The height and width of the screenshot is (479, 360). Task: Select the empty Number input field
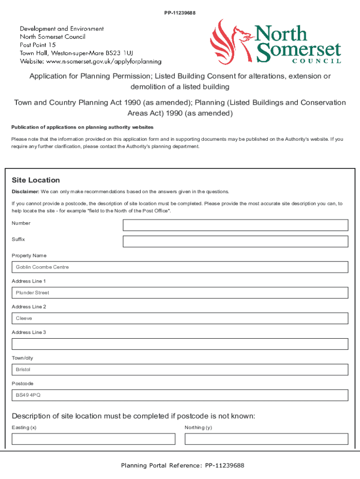tap(235, 225)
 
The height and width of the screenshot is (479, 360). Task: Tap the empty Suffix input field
tap(235, 241)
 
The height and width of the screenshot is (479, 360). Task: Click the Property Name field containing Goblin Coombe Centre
tap(180, 267)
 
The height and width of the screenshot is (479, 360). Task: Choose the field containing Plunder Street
tap(180, 293)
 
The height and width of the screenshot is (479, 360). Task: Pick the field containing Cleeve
tap(180, 318)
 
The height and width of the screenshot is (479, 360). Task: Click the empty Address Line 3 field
tap(180, 344)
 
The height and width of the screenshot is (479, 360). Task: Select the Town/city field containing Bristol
tap(180, 370)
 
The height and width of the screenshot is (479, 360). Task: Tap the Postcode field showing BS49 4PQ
tap(180, 395)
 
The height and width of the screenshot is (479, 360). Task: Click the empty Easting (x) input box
tap(94, 439)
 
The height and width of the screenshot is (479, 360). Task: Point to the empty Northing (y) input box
tap(266, 439)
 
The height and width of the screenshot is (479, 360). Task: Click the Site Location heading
tap(36, 180)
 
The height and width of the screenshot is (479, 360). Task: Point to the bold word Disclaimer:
tap(25, 191)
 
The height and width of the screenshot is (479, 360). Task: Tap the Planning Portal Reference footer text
tap(182, 465)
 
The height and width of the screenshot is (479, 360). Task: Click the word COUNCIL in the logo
tap(317, 61)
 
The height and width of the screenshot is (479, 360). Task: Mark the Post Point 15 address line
tap(37, 45)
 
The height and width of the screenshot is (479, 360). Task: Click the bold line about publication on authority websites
tap(82, 127)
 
